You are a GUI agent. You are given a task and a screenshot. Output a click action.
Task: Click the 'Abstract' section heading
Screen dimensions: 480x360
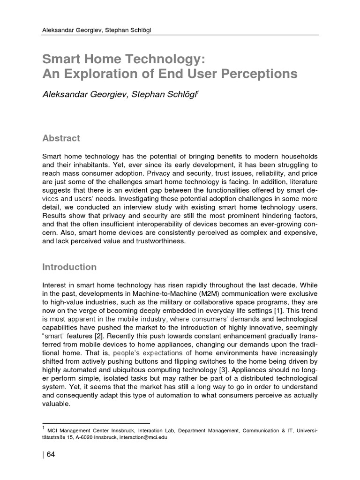(61, 138)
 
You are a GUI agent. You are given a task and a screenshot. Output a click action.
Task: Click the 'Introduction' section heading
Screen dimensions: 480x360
(69, 267)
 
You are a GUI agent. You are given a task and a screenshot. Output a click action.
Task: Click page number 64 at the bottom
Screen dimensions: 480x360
(51, 455)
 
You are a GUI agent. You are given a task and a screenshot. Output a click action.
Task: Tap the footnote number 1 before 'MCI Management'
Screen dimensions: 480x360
(44, 427)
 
